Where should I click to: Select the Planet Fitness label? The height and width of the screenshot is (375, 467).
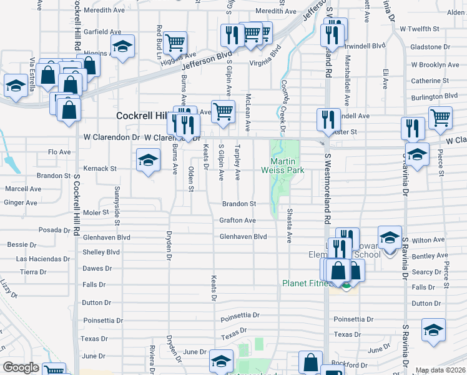coord(306,282)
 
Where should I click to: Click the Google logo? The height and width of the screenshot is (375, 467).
coord(21,367)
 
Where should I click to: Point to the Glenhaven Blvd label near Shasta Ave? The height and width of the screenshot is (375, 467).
coord(243,237)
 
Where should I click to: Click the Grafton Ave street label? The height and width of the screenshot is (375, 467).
coord(237,221)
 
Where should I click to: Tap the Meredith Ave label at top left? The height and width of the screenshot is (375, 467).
coord(103,11)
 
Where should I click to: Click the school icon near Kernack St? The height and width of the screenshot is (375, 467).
coord(148,160)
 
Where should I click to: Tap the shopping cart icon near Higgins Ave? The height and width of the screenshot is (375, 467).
coord(175,42)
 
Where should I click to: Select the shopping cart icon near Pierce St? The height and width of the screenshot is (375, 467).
coord(440,117)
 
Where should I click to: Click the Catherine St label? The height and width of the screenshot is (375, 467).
coord(430,81)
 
